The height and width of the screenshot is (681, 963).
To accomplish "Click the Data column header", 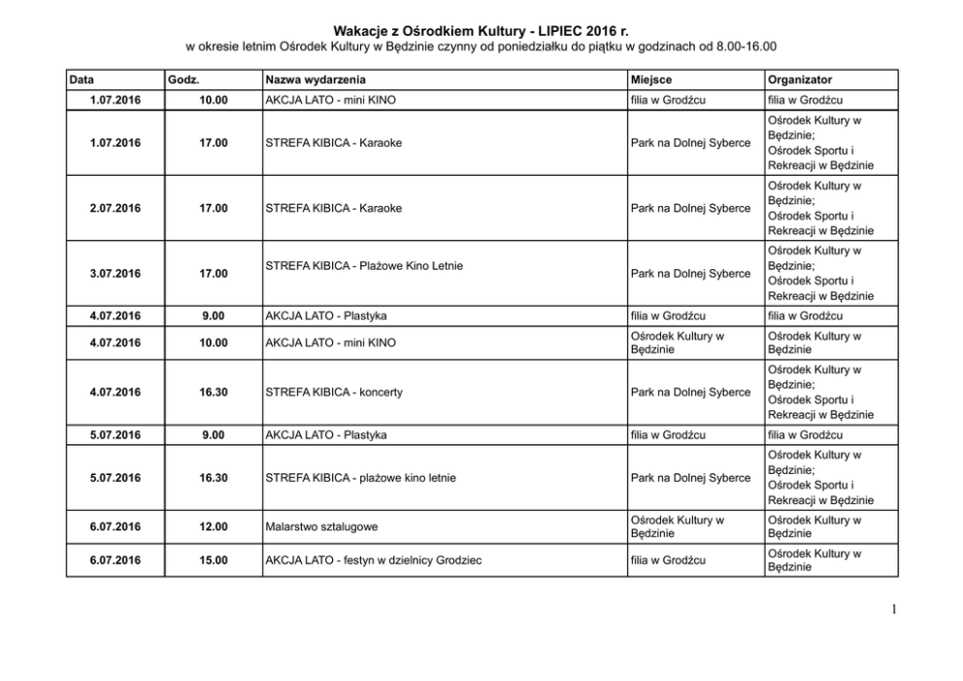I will point(83,79).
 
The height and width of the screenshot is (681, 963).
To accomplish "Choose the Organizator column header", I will point(799,79).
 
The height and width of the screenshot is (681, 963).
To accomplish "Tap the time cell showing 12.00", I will point(214,527).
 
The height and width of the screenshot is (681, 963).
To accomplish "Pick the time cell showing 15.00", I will point(214,561).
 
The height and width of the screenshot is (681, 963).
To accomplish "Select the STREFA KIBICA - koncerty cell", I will point(333,392).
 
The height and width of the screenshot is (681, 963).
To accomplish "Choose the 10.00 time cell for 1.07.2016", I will point(214,100).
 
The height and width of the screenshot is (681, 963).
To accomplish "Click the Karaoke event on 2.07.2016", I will point(333,208).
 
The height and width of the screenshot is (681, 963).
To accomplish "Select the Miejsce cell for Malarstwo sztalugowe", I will point(677,527).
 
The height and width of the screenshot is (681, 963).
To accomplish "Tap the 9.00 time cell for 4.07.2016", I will point(214,315).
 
